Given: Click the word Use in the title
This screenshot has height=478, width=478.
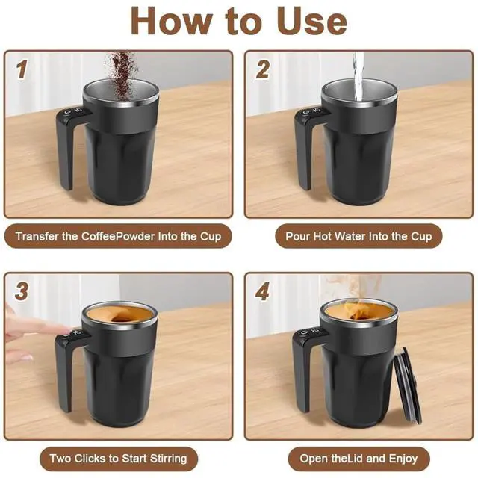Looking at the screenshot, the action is coord(312,21).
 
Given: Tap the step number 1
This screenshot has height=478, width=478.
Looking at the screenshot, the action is coord(22,69).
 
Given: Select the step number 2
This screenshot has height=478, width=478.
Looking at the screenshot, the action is coord(262,69).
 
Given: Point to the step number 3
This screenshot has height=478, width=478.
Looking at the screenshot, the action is coord(22,291).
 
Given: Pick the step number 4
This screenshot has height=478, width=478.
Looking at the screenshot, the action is coord(262,291).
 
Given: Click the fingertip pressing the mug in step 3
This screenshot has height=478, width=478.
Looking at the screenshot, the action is coord(66,330).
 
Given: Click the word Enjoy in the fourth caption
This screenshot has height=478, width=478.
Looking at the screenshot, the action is coord(402,459).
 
